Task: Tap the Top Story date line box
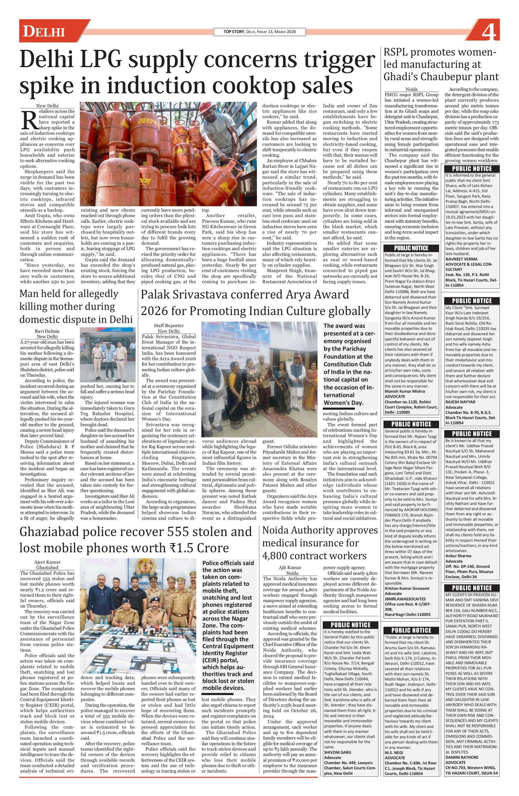tap(259, 32)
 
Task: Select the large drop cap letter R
tap(29, 120)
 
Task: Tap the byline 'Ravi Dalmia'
tap(47, 331)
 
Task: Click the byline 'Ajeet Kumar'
tap(47, 562)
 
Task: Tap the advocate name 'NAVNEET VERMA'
tap(461, 259)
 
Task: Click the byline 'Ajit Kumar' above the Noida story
tap(290, 567)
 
